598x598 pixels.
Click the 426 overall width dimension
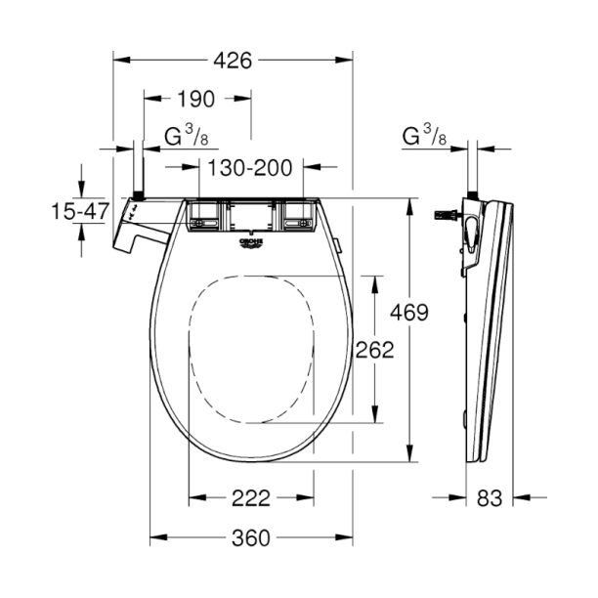233,61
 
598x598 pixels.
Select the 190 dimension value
196,99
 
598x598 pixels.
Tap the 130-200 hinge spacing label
250,168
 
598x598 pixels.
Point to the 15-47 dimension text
80,211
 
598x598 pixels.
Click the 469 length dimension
409,313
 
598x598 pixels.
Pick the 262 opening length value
374,350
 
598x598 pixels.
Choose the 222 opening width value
251,498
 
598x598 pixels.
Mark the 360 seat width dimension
251,538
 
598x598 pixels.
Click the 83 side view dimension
490,498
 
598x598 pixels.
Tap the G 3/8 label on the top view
186,136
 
